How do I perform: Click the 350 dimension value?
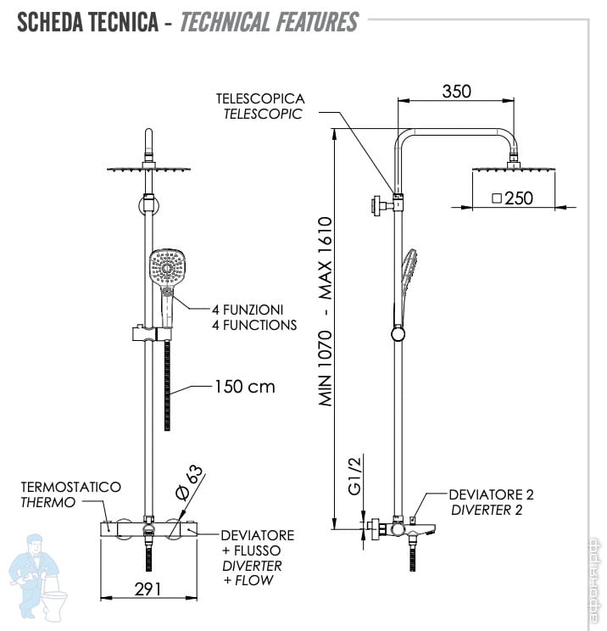[456, 92]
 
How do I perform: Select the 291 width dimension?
[148, 589]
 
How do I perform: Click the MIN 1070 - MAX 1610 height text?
[326, 312]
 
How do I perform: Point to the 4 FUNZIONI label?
[248, 310]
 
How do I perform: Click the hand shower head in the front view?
[167, 268]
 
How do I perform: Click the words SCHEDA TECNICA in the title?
[87, 22]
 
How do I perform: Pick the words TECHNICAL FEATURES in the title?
[269, 22]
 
